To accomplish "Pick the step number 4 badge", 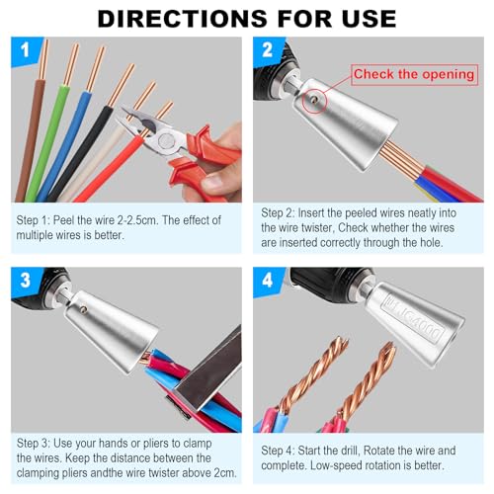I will pyautogui.click(x=266, y=281).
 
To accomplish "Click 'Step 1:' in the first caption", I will pyautogui.click(x=37, y=219).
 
